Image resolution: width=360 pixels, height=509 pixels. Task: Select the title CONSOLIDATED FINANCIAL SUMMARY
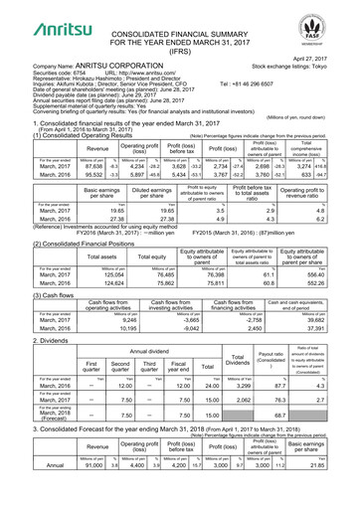point(181,10)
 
